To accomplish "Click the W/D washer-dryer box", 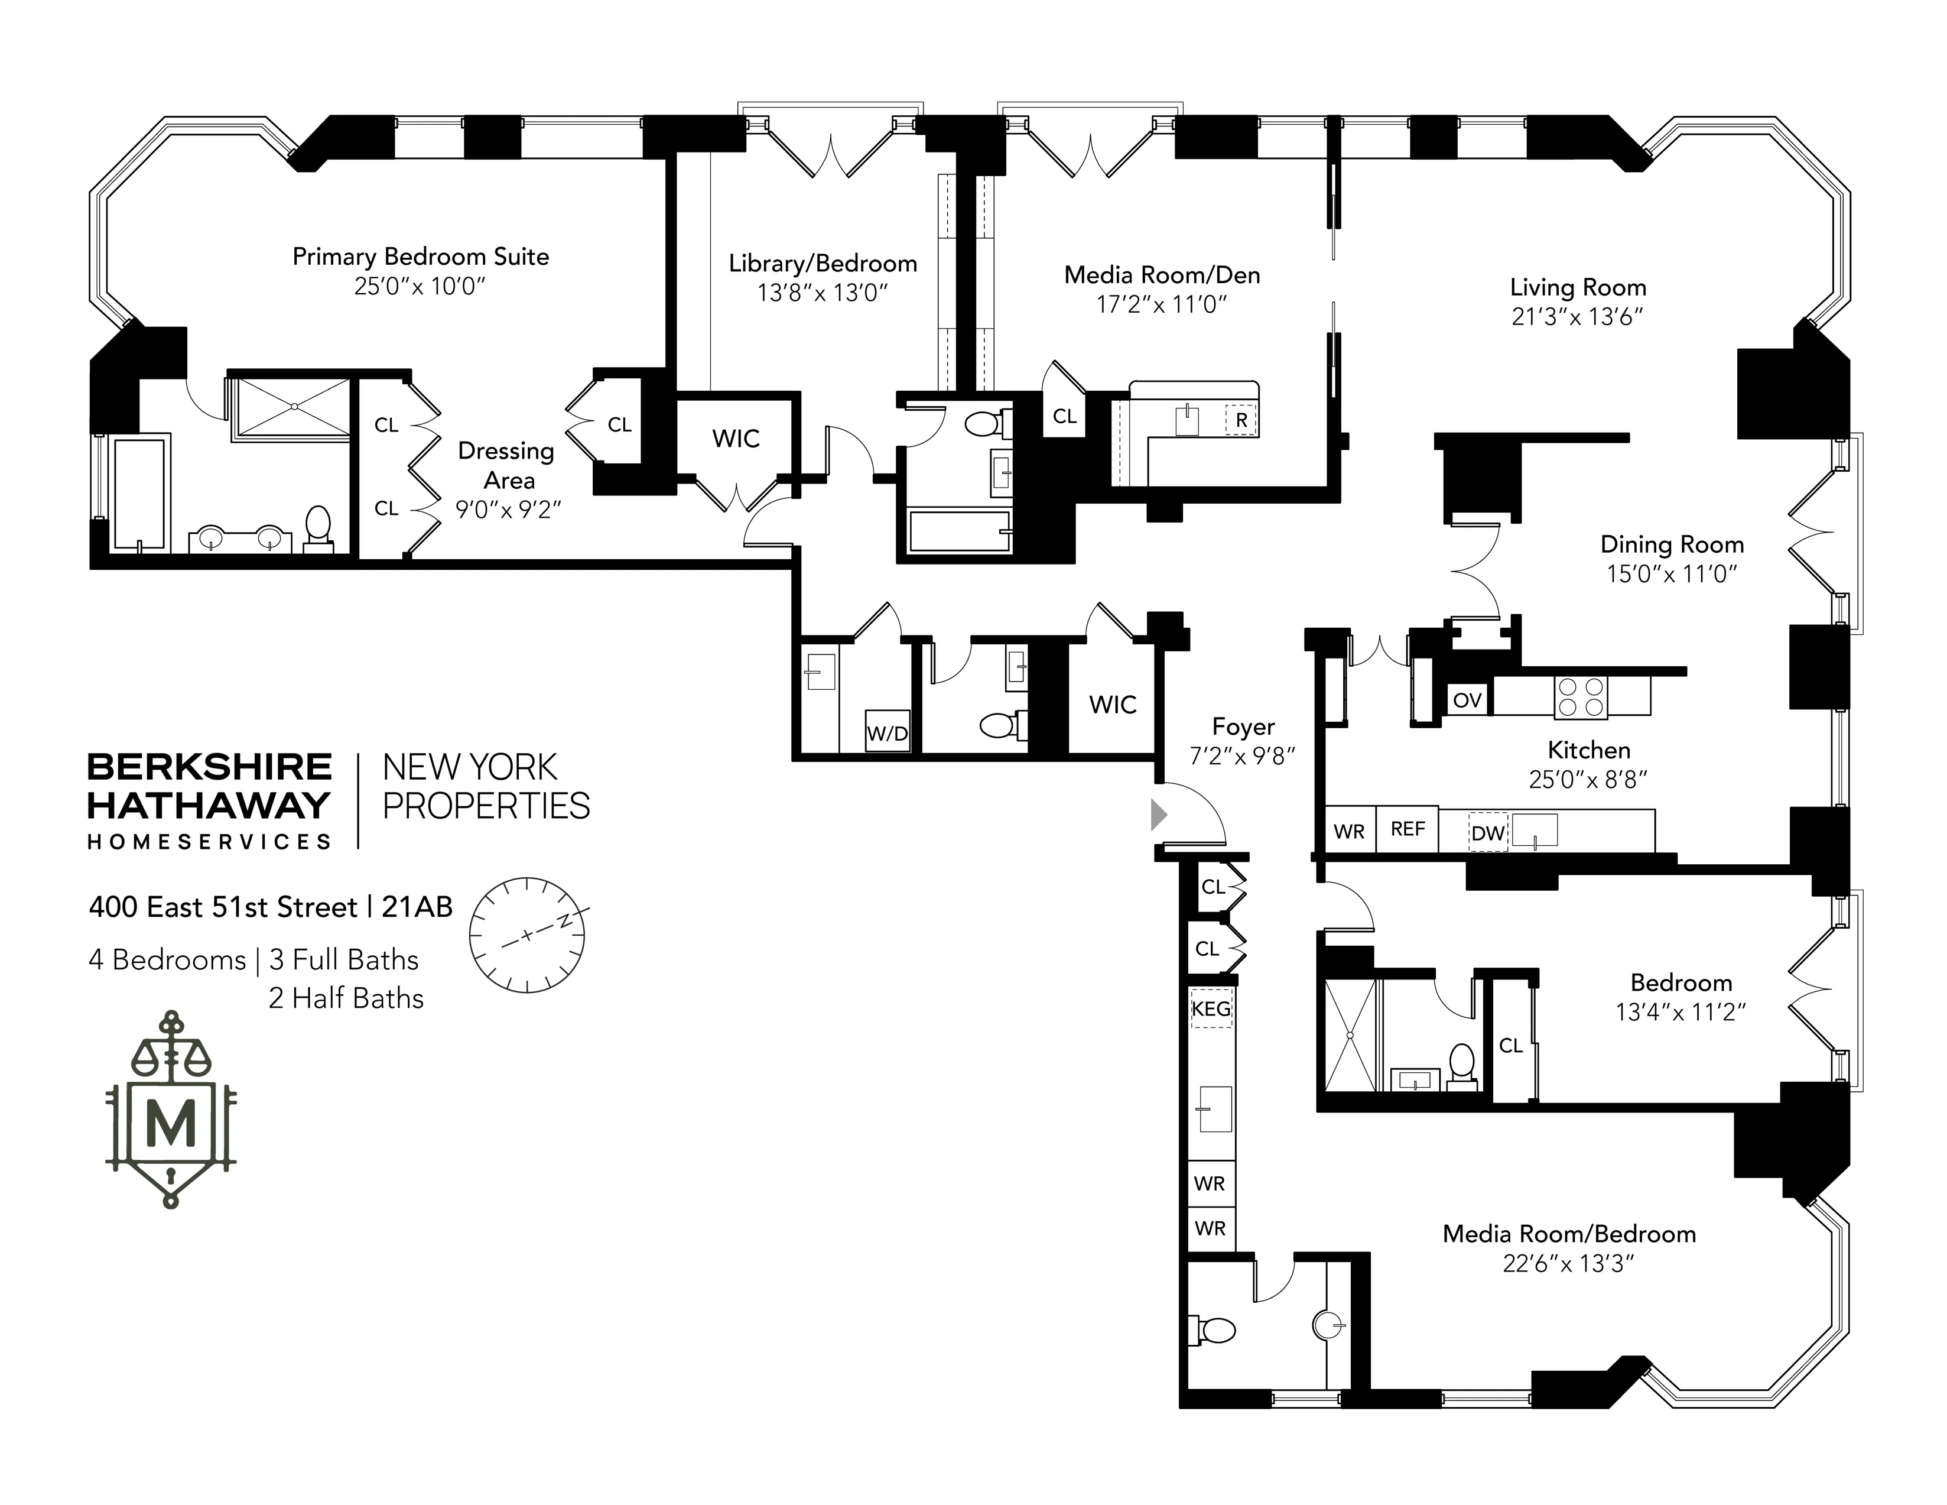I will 887,733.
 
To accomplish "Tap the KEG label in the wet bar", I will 1211,1008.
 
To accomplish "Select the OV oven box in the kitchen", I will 1467,700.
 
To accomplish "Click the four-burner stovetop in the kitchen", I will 1581,697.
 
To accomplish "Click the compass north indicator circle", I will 527,935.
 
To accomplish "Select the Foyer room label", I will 1243,726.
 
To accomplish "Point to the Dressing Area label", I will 507,465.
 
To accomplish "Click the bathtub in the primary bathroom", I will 139,493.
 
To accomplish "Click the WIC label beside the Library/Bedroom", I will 736,439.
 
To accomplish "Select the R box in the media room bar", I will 1241,420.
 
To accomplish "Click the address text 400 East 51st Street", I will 223,907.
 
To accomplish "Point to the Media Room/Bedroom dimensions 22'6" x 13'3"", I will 1568,1264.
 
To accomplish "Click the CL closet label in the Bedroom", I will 1510,1045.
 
